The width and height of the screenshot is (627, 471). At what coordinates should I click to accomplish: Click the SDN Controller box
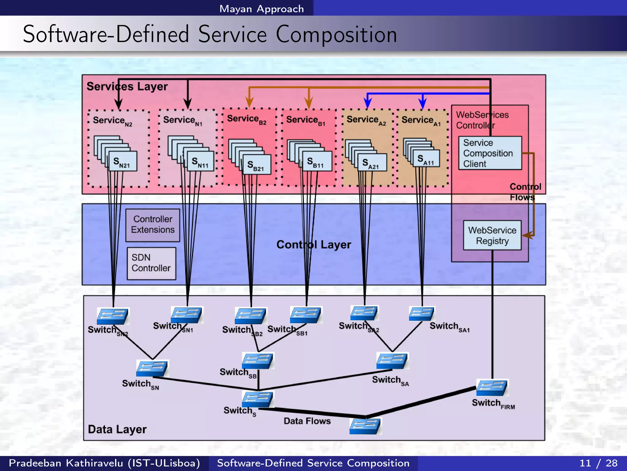tap(152, 263)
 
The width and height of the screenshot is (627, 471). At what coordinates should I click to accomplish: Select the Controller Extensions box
tap(152, 225)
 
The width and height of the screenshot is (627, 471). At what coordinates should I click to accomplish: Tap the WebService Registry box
tap(492, 235)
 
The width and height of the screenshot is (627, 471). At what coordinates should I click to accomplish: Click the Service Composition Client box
tap(490, 153)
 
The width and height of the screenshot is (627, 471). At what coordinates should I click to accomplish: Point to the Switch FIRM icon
tap(492, 388)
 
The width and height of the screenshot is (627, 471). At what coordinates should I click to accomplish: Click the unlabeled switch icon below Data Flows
tap(365, 426)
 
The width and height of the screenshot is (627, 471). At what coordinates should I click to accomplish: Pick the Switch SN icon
tap(152, 368)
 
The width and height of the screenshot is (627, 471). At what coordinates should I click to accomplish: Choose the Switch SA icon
tap(392, 361)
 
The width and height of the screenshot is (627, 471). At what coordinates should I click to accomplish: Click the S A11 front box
tap(426, 159)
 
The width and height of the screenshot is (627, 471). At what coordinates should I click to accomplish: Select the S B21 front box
tap(257, 165)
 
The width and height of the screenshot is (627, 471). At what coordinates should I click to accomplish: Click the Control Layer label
tap(313, 245)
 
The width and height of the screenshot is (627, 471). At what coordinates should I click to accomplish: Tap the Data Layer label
tap(117, 429)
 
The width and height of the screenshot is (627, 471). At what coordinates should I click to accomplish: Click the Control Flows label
tap(525, 192)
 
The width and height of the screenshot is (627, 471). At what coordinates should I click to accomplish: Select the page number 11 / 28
tap(598, 463)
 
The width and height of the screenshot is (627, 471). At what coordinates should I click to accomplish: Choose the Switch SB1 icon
tap(305, 315)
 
